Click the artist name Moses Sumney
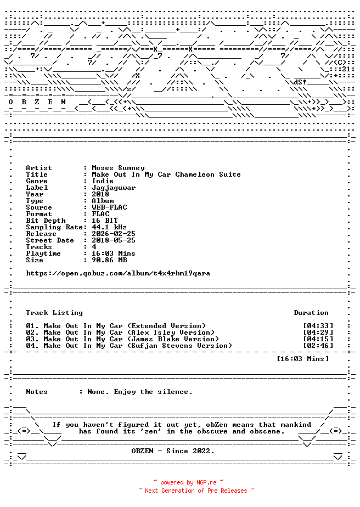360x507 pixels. (118, 168)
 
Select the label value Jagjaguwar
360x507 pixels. (114, 188)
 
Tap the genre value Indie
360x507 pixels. (103, 181)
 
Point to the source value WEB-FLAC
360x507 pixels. (109, 207)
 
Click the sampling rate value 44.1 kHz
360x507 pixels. (109, 227)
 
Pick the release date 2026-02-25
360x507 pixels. (114, 234)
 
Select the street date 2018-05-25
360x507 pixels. (114, 240)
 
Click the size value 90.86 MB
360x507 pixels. (109, 260)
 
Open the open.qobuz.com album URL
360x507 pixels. (118, 273)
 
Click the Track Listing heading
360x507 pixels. (54, 313)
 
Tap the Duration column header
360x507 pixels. (311, 313)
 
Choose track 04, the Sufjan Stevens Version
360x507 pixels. (129, 346)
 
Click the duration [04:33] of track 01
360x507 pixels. (318, 326)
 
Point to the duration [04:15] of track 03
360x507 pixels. (318, 339)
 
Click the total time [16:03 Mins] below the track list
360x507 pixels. (303, 359)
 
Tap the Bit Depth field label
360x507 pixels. (46, 221)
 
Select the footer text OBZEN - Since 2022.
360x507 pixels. (173, 451)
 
